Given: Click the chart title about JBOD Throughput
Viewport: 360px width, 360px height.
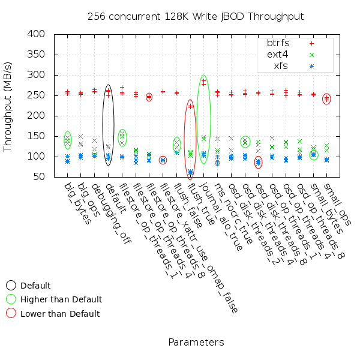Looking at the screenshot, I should pyautogui.click(x=196, y=16).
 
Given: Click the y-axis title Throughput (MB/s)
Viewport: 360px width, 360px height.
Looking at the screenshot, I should pyautogui.click(x=8, y=106).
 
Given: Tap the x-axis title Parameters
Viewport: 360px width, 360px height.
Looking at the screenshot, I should pyautogui.click(x=196, y=343).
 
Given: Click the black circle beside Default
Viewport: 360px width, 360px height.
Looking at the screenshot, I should pyautogui.click(x=11, y=286).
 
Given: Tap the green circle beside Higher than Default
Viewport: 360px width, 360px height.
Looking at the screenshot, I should pyautogui.click(x=11, y=299).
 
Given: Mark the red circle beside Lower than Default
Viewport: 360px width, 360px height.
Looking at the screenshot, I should pyautogui.click(x=11, y=313).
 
